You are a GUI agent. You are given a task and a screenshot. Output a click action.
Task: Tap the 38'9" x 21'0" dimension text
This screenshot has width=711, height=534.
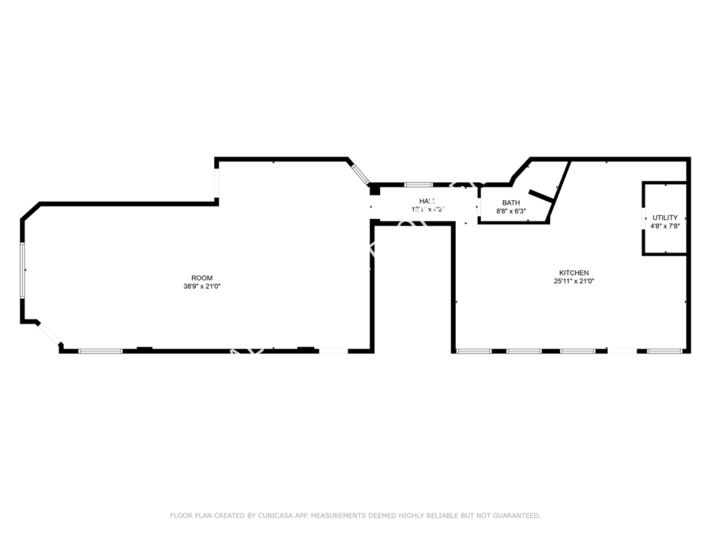coord(201,286)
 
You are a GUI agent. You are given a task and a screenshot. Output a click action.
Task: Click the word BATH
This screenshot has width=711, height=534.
coord(510,203)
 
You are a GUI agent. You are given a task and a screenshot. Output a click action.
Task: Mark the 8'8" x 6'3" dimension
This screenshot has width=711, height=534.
coord(510,211)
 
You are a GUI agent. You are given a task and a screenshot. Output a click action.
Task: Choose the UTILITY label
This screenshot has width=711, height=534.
coord(664,218)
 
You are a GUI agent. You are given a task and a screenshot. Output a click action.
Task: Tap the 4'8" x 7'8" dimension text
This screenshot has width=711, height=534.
coord(664,225)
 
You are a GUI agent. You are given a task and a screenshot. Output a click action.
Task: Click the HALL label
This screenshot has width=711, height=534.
coord(427,201)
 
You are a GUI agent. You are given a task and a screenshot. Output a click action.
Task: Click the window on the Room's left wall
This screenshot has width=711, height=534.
coord(22,270)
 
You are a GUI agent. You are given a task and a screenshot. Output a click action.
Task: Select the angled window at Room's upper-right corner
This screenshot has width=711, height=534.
coord(360,172)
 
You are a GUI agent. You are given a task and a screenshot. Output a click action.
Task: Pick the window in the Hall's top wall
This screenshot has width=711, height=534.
coord(418,185)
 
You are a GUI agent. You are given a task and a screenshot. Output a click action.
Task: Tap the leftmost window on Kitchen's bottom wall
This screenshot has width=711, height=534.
coord(473,350)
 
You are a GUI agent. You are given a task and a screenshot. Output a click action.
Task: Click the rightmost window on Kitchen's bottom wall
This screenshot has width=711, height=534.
coord(664,350)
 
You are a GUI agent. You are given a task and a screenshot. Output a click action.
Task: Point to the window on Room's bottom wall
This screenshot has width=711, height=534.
coord(100,350)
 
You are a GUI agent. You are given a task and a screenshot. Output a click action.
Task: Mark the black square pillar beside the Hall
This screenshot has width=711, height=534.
coord(374,190)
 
